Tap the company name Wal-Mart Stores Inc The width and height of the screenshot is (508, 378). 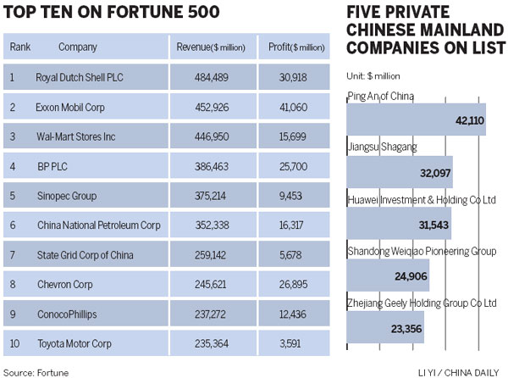tap(77, 137)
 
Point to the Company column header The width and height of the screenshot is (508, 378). tap(77, 47)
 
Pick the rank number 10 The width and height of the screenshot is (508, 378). tap(14, 344)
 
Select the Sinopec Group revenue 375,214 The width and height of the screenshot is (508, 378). tap(207, 197)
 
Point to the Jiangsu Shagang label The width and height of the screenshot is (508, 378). tap(383, 147)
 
